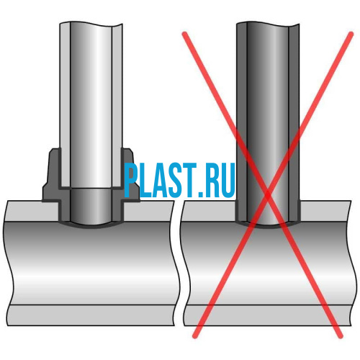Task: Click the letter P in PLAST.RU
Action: (131, 180)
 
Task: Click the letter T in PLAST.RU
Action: (189, 181)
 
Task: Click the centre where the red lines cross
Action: (268, 197)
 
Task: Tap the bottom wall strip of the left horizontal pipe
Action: (91, 315)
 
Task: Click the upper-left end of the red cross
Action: (184, 34)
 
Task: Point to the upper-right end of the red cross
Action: (351, 34)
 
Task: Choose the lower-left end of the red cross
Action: (195, 336)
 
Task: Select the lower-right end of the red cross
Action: (341, 336)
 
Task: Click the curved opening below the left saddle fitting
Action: (91, 225)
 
